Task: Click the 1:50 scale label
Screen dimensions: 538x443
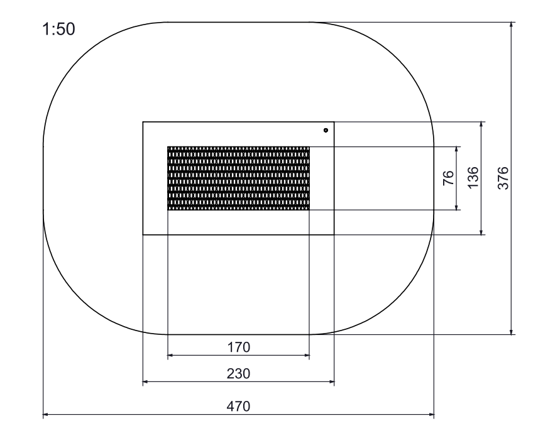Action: (x=58, y=29)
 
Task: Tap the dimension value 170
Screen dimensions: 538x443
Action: (x=239, y=347)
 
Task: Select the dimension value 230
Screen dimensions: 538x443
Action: (x=238, y=373)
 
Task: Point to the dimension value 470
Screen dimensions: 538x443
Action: (x=238, y=407)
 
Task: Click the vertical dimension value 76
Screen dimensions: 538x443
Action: (x=449, y=178)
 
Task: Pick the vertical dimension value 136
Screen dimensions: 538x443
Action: (x=473, y=177)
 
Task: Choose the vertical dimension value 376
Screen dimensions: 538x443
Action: (x=503, y=178)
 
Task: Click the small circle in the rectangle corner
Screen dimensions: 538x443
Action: (x=326, y=130)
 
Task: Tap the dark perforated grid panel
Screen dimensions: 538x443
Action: (x=238, y=178)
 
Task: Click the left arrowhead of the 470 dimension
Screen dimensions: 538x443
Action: (x=45, y=415)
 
